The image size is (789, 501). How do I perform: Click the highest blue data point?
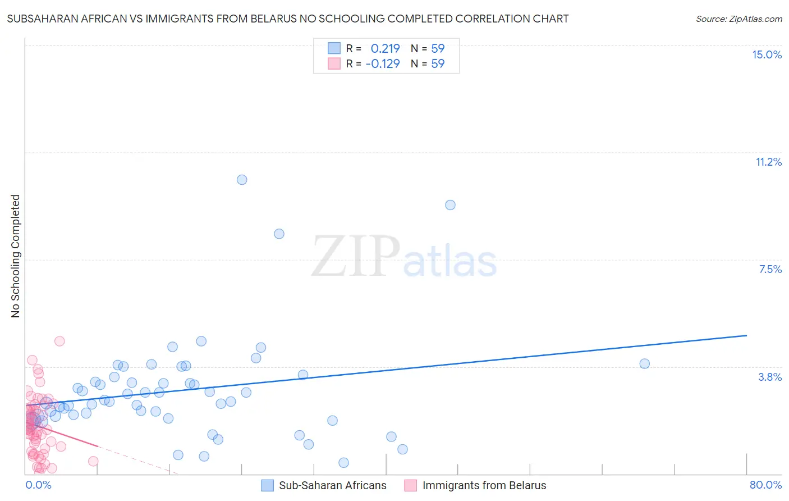(x=242, y=180)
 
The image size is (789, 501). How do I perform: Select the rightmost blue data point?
(x=644, y=363)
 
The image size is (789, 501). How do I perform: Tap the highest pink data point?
(x=59, y=341)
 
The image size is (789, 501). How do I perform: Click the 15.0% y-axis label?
(x=767, y=54)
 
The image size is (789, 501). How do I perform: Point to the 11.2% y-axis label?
(x=768, y=162)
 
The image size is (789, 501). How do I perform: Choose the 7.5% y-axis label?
(x=770, y=269)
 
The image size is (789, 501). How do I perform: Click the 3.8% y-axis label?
(x=770, y=377)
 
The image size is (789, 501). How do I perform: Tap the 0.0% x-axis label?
(x=38, y=485)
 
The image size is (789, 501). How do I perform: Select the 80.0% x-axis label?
(x=765, y=485)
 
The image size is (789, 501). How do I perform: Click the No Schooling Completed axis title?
(x=16, y=256)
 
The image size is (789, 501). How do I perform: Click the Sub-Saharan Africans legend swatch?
(x=268, y=485)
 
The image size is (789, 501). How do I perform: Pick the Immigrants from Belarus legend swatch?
(x=411, y=485)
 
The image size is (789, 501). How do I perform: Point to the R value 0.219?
(x=385, y=48)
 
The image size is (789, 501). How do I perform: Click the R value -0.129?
(x=383, y=63)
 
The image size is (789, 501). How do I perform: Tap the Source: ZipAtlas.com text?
(x=738, y=19)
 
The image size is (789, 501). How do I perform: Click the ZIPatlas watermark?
(x=404, y=257)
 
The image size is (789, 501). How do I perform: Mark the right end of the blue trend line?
(x=746, y=335)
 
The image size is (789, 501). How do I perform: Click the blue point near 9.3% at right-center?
(x=450, y=205)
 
